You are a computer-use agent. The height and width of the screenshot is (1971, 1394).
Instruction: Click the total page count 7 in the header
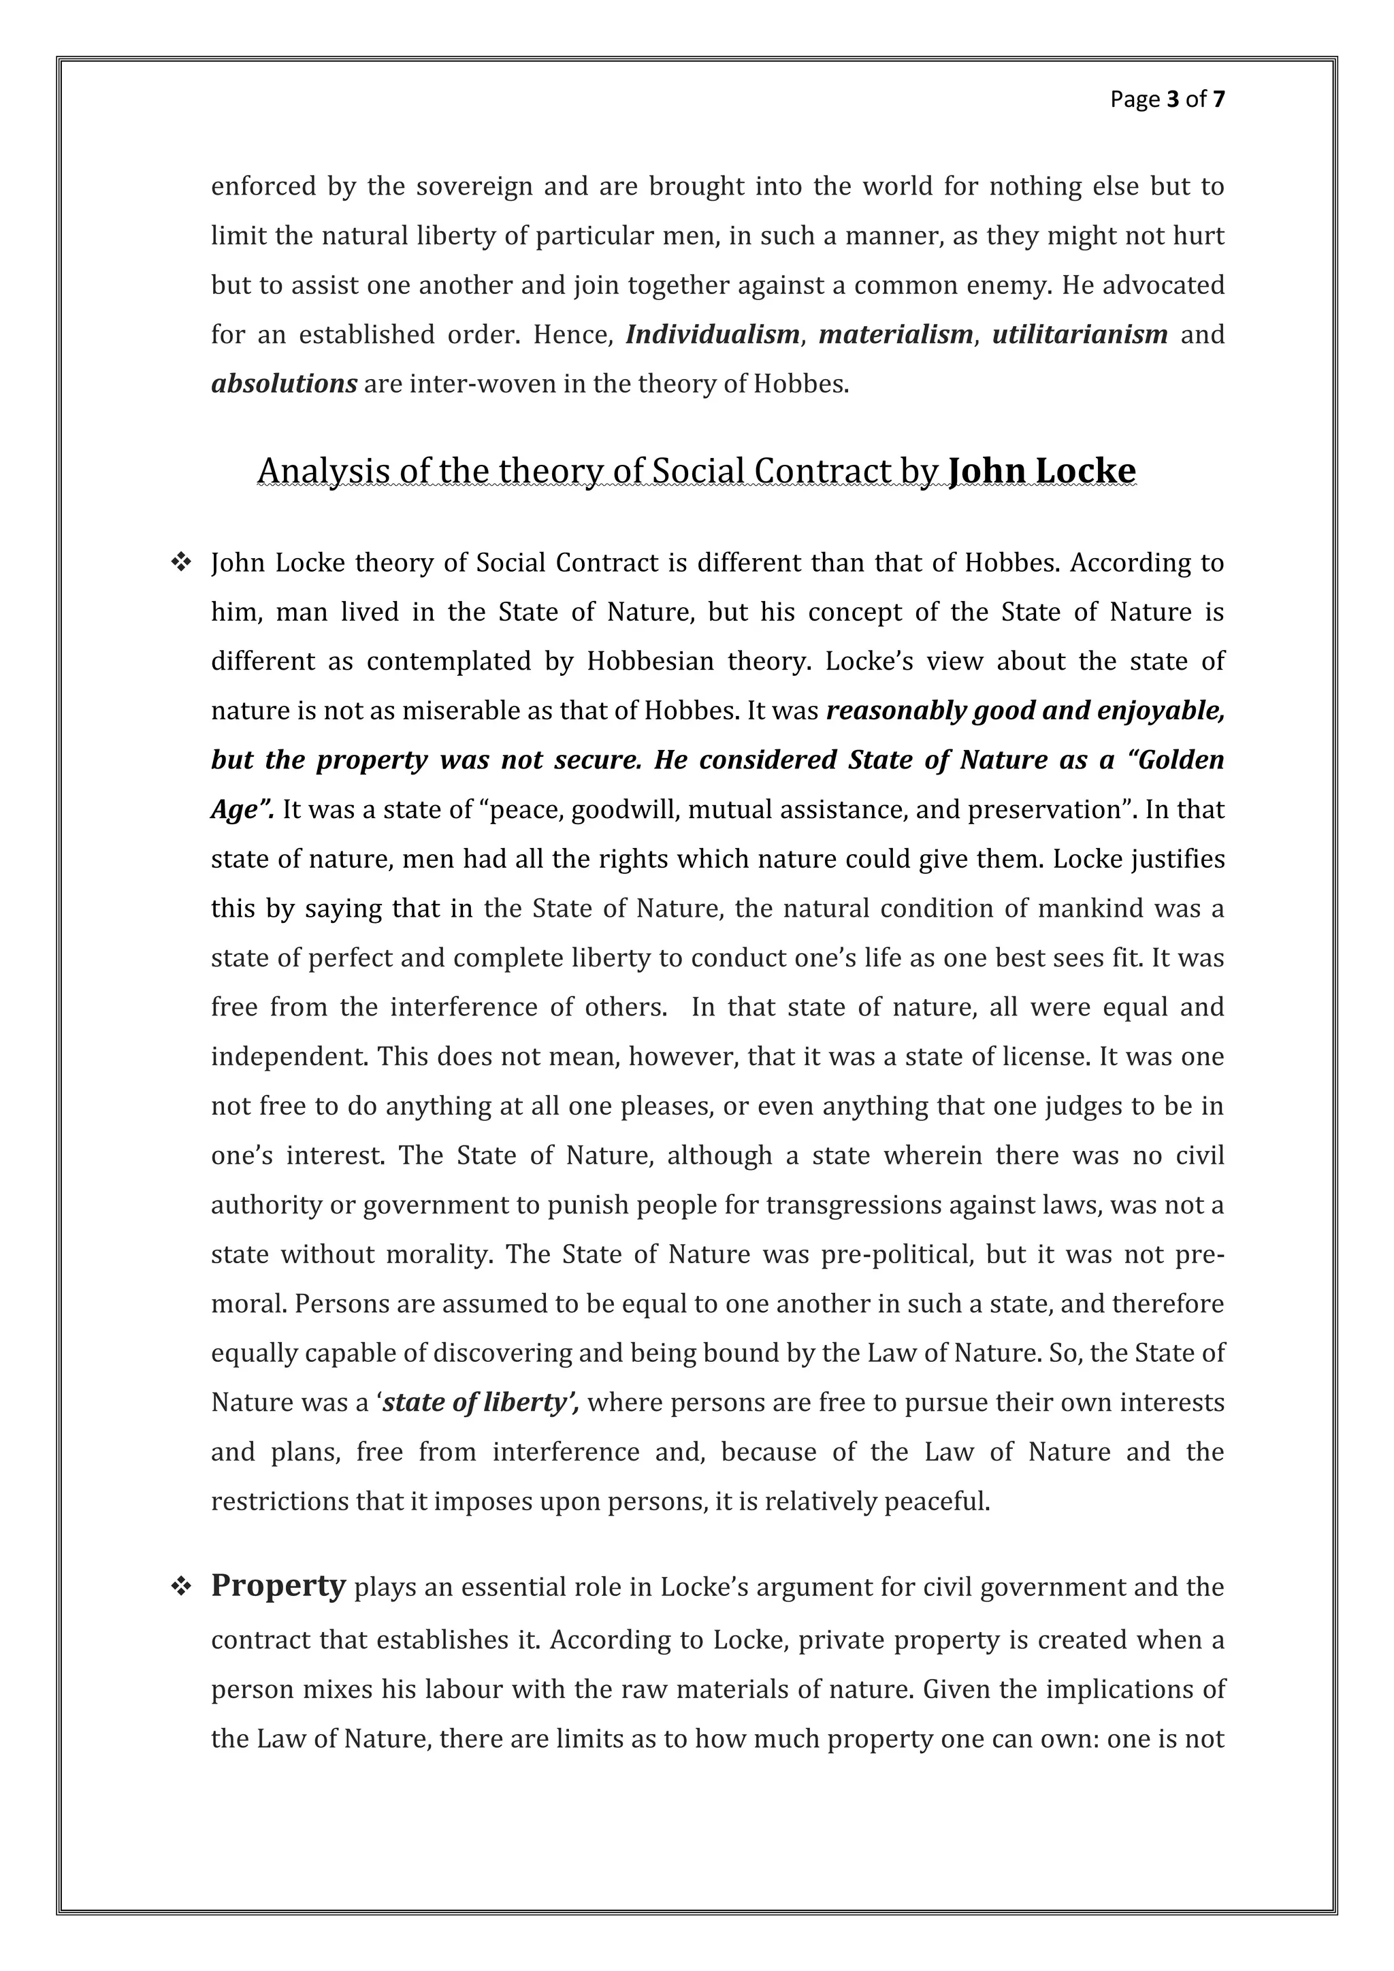click(x=1219, y=101)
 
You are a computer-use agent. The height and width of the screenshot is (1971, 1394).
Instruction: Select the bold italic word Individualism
click(x=713, y=335)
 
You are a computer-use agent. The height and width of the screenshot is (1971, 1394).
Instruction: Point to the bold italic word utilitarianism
click(x=1079, y=335)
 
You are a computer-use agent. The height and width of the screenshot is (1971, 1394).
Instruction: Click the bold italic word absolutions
click(x=284, y=385)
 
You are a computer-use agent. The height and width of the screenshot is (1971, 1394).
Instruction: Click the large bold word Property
click(x=278, y=1586)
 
